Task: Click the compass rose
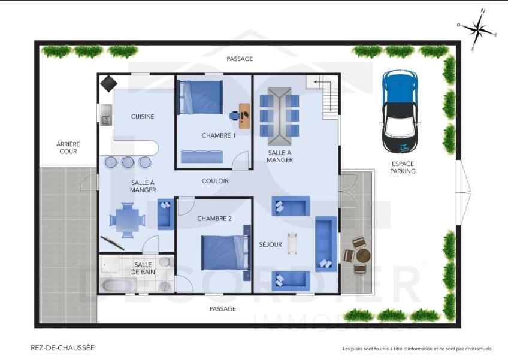(x=477, y=29)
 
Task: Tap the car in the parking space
(x=400, y=112)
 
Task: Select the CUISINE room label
(x=143, y=117)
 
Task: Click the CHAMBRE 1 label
(x=219, y=135)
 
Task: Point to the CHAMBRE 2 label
(x=214, y=219)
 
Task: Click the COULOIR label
(x=215, y=181)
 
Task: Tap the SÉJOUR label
(x=271, y=244)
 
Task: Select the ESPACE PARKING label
(x=403, y=167)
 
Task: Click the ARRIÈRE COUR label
(x=68, y=148)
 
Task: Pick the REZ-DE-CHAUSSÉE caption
(x=62, y=348)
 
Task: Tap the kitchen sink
(x=106, y=115)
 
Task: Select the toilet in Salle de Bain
(x=165, y=262)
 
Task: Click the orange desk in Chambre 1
(x=244, y=116)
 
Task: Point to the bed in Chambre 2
(x=226, y=252)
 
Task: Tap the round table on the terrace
(x=363, y=256)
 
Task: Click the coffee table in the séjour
(x=292, y=243)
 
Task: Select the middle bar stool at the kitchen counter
(x=128, y=162)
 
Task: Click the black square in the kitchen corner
(x=108, y=84)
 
